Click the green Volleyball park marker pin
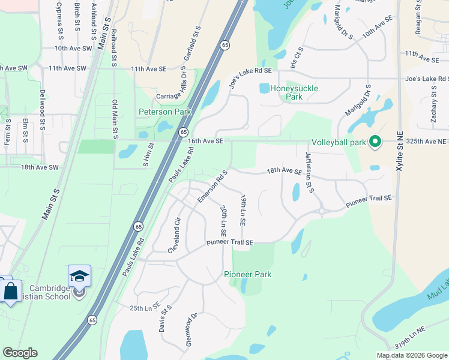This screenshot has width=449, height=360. (x=375, y=142)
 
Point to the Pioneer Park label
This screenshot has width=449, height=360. (x=247, y=274)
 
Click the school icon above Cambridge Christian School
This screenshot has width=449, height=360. (x=79, y=277)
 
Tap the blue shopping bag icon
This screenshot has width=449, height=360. (x=10, y=292)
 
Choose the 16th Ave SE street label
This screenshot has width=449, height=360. (x=205, y=141)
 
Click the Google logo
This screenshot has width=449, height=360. (x=20, y=353)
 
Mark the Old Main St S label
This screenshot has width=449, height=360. (x=115, y=119)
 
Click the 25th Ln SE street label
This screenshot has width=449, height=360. (x=144, y=308)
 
